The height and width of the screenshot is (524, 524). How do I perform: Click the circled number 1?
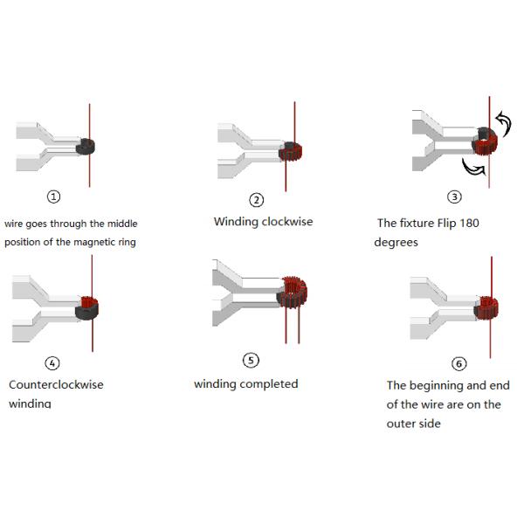(53, 196)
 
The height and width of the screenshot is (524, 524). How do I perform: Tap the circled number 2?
(256, 200)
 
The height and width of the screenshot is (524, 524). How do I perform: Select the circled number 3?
(454, 196)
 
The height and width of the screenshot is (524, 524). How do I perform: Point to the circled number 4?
(52, 363)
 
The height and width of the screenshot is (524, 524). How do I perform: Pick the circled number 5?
(251, 360)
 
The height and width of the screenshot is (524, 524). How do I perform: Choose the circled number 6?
(458, 363)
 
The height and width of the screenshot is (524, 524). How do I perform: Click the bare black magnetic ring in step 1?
(86, 147)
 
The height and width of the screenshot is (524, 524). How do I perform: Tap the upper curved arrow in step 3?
(505, 124)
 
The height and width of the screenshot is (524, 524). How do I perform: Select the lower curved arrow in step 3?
(472, 167)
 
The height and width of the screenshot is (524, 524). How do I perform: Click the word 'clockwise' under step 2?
(287, 222)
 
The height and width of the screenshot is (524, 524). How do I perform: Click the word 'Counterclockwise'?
(56, 384)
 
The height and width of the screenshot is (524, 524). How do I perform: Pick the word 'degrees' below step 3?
(396, 243)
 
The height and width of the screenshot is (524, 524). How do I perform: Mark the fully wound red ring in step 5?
(292, 293)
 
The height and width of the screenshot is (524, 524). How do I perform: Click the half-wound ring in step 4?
(86, 307)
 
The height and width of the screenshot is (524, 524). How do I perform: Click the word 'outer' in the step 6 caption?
(400, 424)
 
